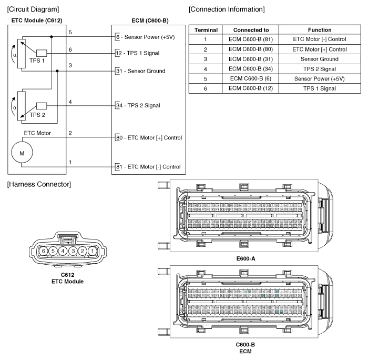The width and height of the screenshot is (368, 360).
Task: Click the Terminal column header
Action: [206, 30]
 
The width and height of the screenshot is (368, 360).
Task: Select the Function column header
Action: [320, 30]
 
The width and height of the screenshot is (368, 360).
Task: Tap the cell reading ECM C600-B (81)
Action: [251, 39]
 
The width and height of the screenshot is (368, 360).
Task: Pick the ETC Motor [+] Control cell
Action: [320, 49]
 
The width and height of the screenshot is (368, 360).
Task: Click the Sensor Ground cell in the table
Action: [320, 59]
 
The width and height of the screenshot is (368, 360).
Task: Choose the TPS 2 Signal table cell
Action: [320, 69]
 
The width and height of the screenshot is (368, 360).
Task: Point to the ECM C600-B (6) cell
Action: [251, 78]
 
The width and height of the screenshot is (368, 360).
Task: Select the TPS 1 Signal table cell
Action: [320, 88]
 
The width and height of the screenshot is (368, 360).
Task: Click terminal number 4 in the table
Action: [206, 69]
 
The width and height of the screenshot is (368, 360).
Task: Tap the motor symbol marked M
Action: [22, 152]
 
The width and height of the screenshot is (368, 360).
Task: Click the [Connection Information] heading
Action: [227, 9]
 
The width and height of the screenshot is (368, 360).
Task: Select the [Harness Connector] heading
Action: [37, 184]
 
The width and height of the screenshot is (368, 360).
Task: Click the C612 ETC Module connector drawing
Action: [67, 251]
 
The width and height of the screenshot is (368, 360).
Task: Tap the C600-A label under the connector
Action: [246, 258]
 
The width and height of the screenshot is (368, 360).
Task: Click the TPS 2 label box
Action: [40, 109]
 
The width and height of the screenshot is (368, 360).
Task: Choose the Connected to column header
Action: [251, 30]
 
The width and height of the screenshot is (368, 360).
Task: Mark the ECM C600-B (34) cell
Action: [251, 69]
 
